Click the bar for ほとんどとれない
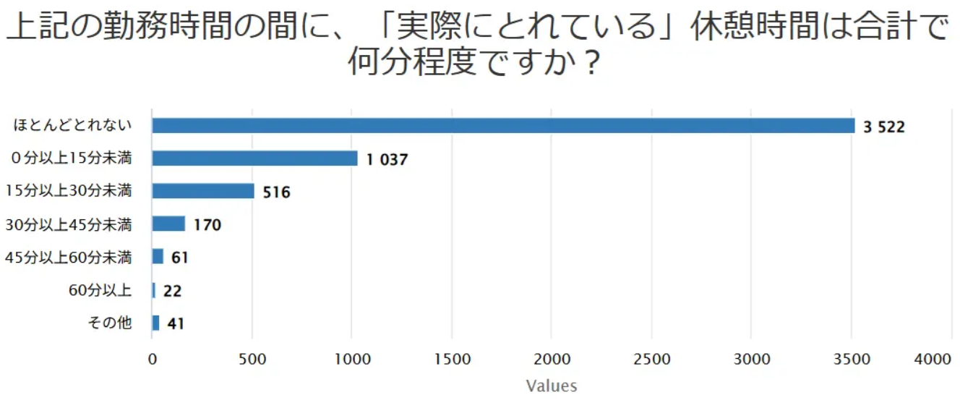(x=503, y=125)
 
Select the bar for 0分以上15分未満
(x=254, y=158)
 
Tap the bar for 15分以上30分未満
(x=203, y=191)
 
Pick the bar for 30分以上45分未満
(x=168, y=224)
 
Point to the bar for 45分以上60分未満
(x=158, y=256)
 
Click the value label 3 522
(x=883, y=127)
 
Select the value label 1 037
(x=387, y=160)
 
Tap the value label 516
(x=275, y=193)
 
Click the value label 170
(x=207, y=226)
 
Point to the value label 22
(x=172, y=291)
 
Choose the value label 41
(x=175, y=324)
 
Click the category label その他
(x=110, y=323)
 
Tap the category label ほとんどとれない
(x=72, y=126)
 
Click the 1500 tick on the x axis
(x=451, y=358)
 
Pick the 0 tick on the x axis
(x=152, y=358)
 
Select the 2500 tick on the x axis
(x=651, y=358)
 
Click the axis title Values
(x=552, y=386)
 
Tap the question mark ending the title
(x=591, y=64)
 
